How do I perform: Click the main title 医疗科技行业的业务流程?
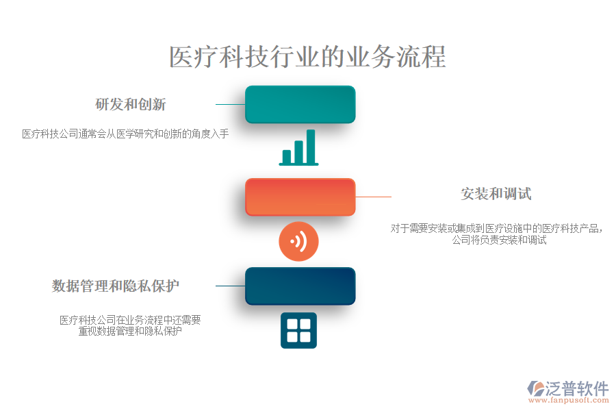[x=307, y=57]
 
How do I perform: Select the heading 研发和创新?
[x=130, y=105]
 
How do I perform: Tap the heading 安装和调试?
[x=496, y=194]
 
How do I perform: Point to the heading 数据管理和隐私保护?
[x=116, y=286]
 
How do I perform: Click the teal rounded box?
[x=300, y=104]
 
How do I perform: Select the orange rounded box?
[x=300, y=197]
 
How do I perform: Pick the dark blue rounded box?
[x=300, y=286]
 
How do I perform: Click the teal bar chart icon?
[x=299, y=147]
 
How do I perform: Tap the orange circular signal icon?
[x=298, y=241]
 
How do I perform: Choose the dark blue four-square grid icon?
[x=298, y=330]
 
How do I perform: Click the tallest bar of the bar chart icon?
[x=311, y=146]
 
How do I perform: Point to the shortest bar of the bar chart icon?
[x=287, y=156]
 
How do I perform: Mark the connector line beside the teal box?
[x=230, y=105]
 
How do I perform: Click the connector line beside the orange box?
[x=373, y=197]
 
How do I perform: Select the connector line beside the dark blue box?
[x=230, y=286]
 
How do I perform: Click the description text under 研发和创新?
[x=125, y=134]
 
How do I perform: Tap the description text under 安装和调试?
[x=499, y=234]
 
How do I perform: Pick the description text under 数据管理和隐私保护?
[x=130, y=325]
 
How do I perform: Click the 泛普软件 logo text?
[x=576, y=388]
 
